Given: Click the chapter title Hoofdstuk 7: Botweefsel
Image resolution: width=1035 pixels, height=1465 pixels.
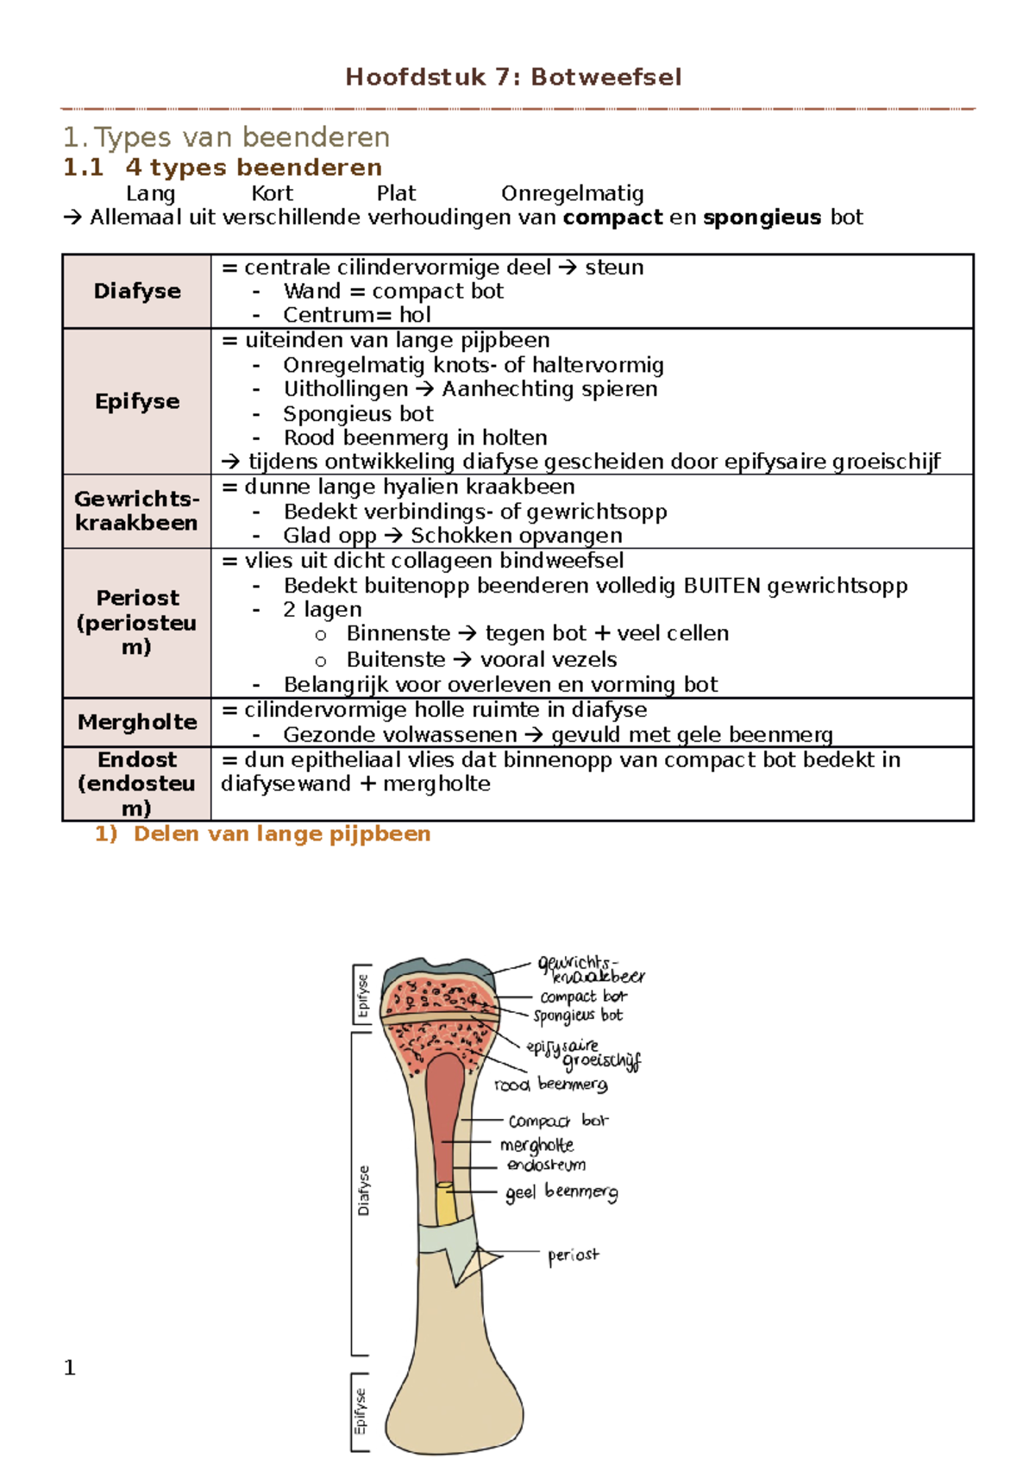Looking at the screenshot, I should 513,78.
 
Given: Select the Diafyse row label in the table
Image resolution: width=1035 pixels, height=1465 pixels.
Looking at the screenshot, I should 137,291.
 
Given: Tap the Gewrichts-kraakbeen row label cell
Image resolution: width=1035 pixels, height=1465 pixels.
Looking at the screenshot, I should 137,511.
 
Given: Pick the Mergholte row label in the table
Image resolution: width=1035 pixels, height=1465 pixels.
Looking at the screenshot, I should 137,722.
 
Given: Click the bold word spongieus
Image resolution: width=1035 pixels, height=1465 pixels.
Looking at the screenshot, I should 762,217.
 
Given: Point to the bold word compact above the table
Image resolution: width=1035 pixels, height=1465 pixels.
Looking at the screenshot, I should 612,217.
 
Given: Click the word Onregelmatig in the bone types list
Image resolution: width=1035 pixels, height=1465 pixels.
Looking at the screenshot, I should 572,193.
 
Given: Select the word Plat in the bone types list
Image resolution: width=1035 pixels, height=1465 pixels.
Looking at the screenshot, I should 396,193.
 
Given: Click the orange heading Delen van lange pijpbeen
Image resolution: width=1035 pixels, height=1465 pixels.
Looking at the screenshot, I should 281,833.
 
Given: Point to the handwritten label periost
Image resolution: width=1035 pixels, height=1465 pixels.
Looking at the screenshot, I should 573,1255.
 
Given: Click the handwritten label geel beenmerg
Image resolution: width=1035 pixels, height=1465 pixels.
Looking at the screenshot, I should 561,1192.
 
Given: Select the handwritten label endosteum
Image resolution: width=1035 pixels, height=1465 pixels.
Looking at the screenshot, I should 546,1165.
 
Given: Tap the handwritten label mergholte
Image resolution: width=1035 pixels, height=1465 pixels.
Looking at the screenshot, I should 536,1145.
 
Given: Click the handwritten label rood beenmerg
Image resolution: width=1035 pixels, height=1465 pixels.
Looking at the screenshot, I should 550,1085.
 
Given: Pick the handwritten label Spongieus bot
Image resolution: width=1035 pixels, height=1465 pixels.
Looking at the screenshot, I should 577,1015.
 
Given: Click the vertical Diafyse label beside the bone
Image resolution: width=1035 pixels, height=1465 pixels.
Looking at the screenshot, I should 363,1191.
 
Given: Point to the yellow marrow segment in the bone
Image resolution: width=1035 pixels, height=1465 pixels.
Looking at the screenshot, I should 445,1203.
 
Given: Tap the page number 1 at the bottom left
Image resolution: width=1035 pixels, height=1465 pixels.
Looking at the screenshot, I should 70,1368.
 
